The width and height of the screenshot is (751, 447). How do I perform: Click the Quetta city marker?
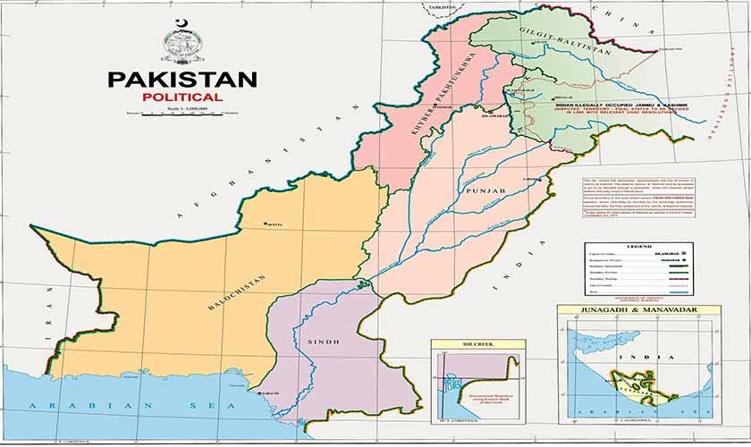click(266, 223)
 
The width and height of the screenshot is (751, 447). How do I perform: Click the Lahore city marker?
click(540, 180)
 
